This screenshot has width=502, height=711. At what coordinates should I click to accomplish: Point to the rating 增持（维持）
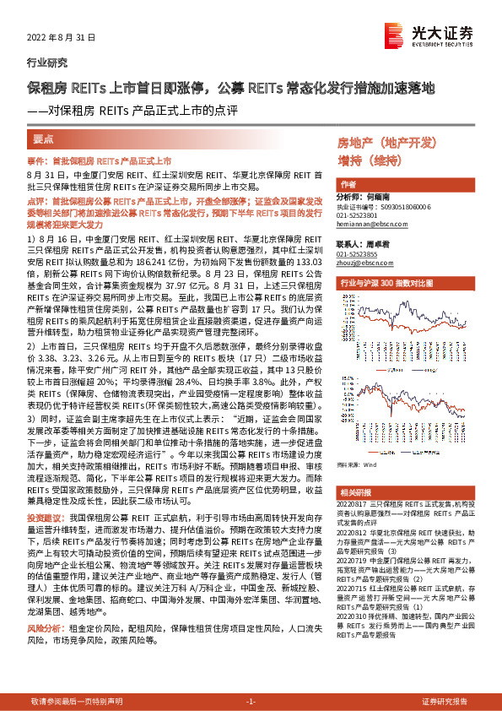click(368, 160)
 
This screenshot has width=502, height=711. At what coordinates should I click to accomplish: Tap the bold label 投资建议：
click(45, 515)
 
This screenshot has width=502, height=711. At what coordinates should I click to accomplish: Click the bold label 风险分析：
click(45, 629)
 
